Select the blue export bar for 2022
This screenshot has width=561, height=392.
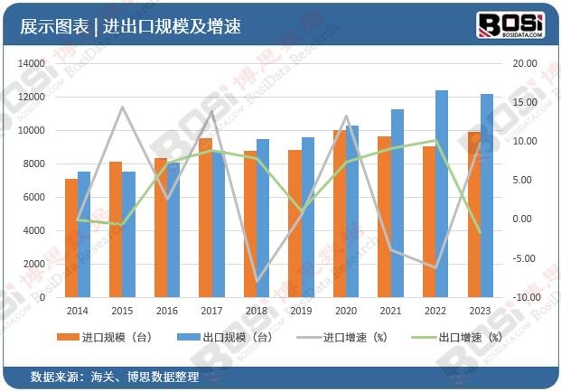click(442, 194)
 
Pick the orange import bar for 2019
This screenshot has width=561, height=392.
click(295, 224)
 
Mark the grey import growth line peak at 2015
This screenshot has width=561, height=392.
click(122, 107)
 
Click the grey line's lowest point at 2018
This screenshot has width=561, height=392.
click(257, 282)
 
